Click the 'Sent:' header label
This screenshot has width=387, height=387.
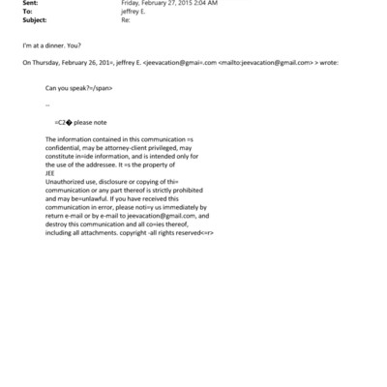click(29, 4)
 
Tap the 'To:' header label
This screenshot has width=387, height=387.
click(26, 12)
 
